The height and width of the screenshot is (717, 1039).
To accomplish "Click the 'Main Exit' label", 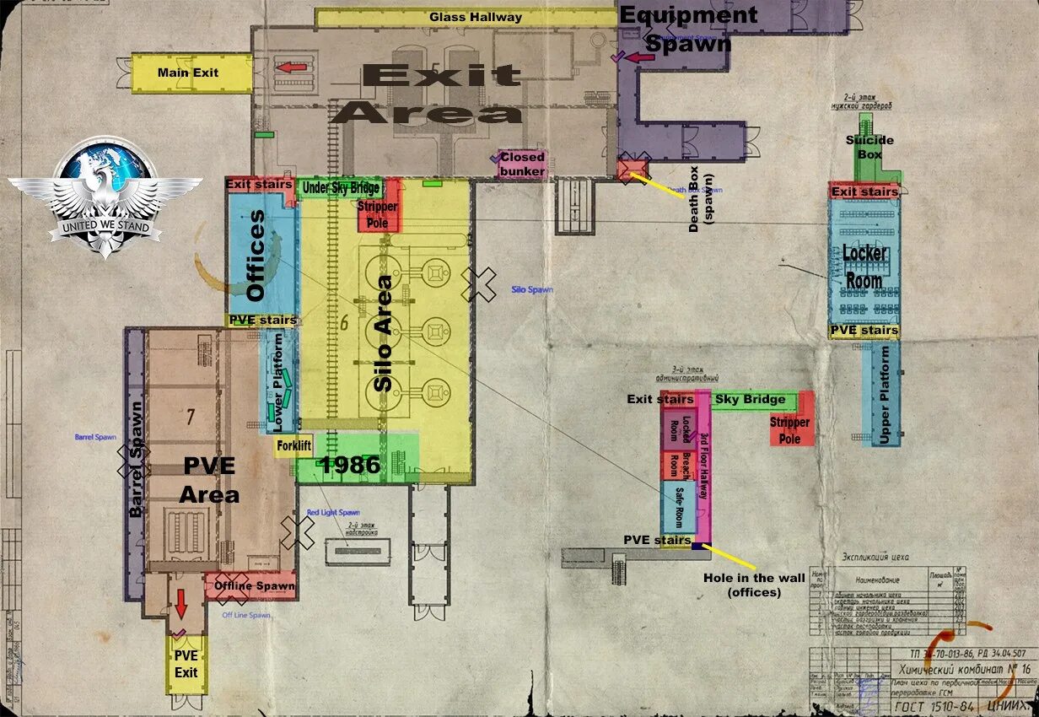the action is pos(187,73).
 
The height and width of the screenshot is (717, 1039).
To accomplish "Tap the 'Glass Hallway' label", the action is pos(476,17).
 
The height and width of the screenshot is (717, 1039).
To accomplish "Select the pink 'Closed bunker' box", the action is pos(522,164).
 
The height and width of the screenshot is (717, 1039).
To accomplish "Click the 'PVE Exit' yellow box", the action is pos(186,664).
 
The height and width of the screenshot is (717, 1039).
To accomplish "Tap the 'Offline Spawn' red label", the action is pos(254,585).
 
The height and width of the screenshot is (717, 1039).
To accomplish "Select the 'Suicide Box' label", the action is pos(869,147).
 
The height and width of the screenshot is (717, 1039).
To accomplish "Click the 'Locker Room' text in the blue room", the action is pos(864,267).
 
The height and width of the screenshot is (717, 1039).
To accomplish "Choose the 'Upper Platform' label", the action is pos(885,396).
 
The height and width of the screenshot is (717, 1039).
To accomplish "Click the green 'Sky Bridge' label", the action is pos(750,399).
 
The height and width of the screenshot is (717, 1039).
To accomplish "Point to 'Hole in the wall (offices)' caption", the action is pos(742,585).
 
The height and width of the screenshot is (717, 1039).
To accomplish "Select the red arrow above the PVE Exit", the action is pos(181,604).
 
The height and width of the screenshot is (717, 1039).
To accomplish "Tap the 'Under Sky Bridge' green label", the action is pos(341,187).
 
